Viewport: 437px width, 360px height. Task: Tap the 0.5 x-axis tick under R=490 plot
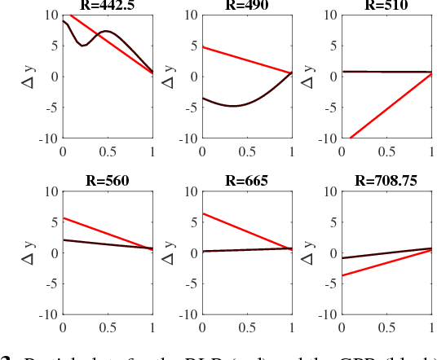tap(248, 151)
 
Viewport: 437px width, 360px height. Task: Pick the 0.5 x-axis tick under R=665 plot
tap(248, 327)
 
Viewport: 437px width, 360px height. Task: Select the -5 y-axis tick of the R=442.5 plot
tap(49, 108)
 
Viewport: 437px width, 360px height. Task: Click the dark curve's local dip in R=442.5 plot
tap(82, 45)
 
